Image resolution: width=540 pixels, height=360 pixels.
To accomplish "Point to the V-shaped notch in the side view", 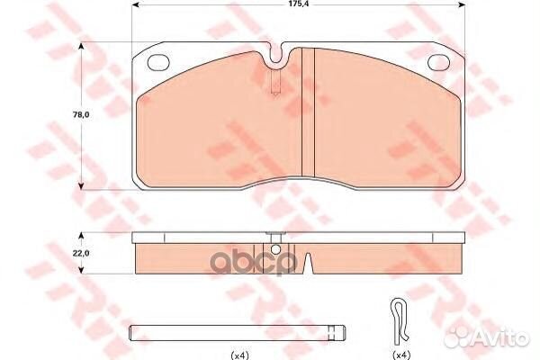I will (x=308, y=264).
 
